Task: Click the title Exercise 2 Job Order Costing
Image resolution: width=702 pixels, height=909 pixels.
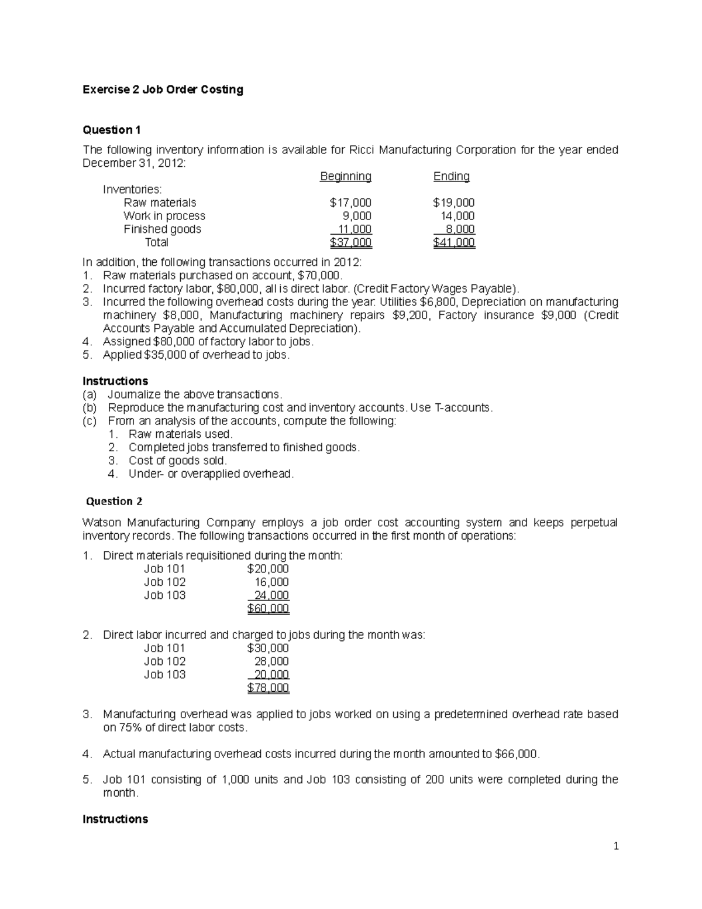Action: click(x=163, y=90)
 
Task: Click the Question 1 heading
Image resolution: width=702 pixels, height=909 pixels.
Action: click(x=112, y=129)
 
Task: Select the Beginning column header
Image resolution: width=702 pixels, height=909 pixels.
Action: click(x=345, y=176)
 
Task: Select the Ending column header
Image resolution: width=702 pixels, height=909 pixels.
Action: click(x=451, y=176)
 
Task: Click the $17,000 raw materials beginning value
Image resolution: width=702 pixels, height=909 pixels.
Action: click(x=350, y=203)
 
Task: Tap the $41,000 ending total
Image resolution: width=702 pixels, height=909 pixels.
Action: click(x=453, y=242)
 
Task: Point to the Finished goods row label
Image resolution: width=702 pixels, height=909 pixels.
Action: click(x=162, y=229)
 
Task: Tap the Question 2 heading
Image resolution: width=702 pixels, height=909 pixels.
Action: click(x=114, y=501)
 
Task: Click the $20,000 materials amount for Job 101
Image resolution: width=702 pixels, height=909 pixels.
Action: click(x=268, y=569)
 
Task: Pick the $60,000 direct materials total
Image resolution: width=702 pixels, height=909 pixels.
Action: click(x=268, y=609)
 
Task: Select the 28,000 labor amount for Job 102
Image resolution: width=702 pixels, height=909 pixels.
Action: click(x=271, y=661)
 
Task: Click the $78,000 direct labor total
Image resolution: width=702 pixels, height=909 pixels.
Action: click(x=268, y=688)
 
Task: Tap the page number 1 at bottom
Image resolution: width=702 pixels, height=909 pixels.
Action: click(x=615, y=846)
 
